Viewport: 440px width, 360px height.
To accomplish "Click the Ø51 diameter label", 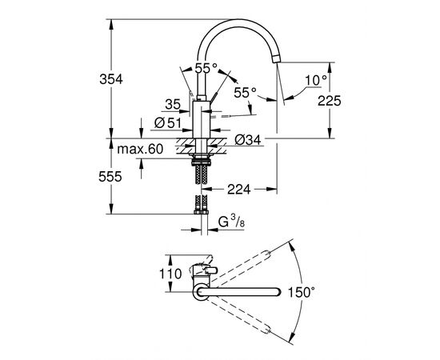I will [x=166, y=122].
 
